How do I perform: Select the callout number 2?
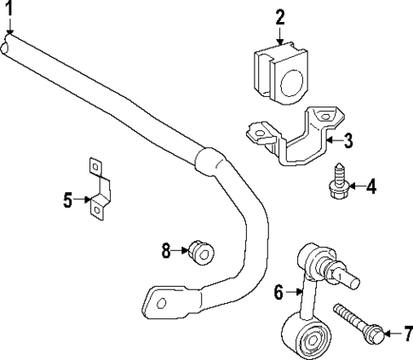[x=280, y=16]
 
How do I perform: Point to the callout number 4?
[x=371, y=185]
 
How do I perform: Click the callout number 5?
[x=67, y=200]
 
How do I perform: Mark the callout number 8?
[x=167, y=249]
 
